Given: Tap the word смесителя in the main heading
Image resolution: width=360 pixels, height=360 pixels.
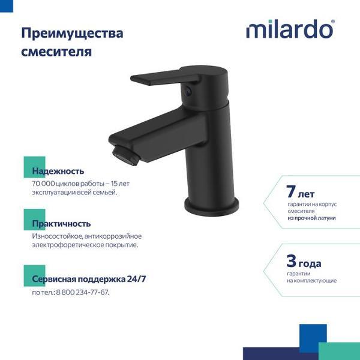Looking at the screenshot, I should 56,52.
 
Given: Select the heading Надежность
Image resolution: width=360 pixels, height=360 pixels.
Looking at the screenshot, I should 58,171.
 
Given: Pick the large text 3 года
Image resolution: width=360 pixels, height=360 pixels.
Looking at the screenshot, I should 304,262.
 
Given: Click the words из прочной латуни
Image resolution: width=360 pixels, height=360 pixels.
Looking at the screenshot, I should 311,218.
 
